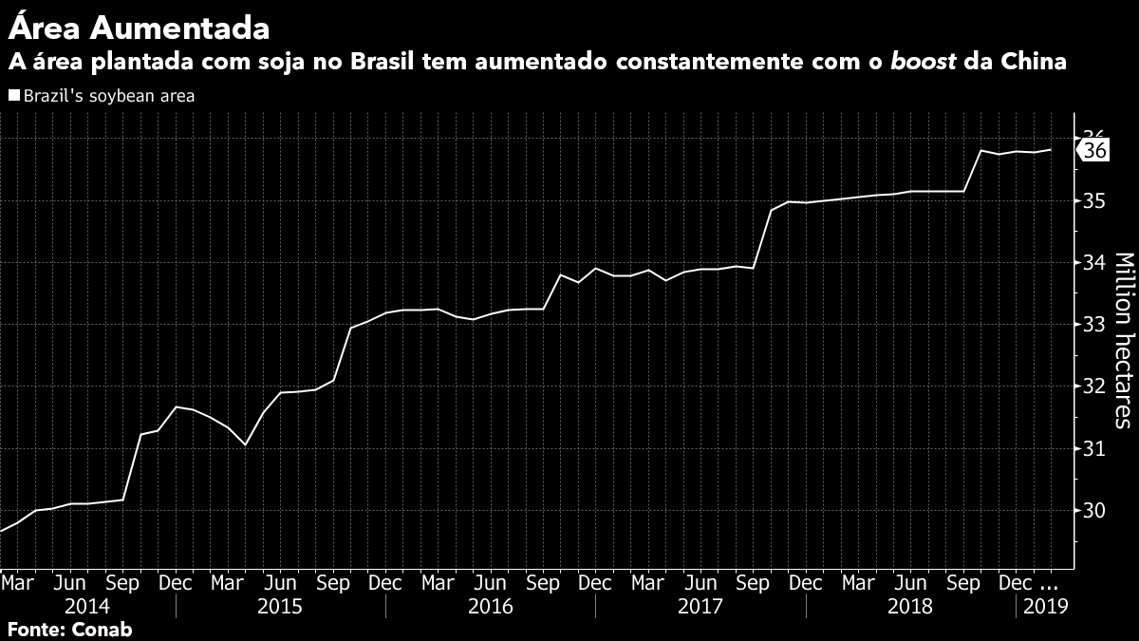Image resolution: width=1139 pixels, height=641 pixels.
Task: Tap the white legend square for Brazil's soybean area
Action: click(13, 95)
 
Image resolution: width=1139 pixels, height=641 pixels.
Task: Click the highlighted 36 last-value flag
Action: click(1093, 151)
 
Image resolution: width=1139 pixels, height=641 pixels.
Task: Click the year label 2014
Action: click(86, 606)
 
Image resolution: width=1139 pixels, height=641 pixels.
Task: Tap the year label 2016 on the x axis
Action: click(490, 606)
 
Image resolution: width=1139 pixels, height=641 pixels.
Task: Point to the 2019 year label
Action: click(1045, 606)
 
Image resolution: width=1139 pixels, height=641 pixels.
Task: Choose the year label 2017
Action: click(700, 606)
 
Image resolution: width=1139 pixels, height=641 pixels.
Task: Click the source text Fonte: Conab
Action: click(70, 629)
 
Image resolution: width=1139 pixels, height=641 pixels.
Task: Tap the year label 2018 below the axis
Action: click(910, 606)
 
